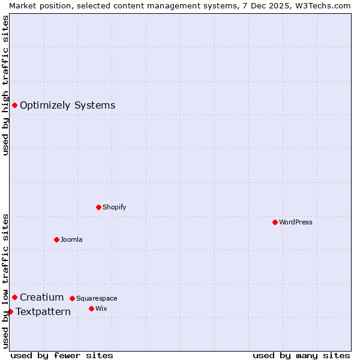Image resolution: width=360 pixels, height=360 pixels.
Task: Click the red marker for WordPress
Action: tap(275, 222)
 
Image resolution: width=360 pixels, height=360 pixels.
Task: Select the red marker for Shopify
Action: tap(99, 207)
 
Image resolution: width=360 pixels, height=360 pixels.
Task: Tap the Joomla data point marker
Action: tap(57, 239)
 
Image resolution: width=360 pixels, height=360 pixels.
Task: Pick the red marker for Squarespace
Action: tap(73, 298)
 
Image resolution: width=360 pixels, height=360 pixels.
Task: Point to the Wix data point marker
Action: tap(92, 308)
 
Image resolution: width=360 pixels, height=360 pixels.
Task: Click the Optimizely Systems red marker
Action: tap(15, 106)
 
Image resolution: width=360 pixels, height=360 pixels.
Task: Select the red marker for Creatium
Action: tap(15, 297)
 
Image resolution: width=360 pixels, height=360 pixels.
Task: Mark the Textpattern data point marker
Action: tap(11, 311)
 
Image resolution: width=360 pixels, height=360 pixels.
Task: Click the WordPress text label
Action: tap(296, 222)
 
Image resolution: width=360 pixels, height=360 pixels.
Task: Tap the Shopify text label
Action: tap(115, 207)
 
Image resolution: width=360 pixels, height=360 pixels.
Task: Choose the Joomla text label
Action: tap(71, 239)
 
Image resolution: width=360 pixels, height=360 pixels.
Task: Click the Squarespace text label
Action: tap(97, 298)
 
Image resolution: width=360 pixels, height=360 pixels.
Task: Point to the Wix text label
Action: tap(101, 308)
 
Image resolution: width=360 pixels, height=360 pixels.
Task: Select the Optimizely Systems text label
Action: tap(67, 106)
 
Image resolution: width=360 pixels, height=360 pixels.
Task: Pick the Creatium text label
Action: tap(41, 297)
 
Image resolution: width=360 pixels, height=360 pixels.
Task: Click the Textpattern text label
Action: tap(43, 311)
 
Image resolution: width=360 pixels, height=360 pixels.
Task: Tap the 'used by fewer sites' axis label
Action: tap(62, 355)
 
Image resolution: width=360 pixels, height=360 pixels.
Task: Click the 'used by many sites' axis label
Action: tap(301, 355)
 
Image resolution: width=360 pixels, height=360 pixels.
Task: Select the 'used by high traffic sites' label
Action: tap(5, 85)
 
